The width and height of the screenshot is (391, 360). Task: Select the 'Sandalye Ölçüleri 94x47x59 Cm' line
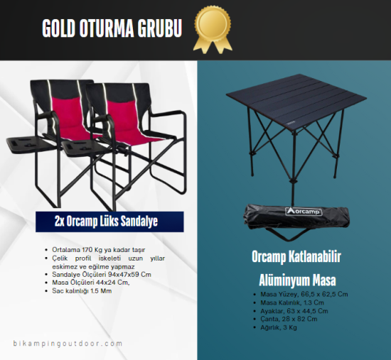point(102,273)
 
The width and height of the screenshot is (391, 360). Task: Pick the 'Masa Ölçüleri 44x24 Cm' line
point(90,281)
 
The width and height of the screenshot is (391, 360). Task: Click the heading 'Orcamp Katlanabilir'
point(292,256)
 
